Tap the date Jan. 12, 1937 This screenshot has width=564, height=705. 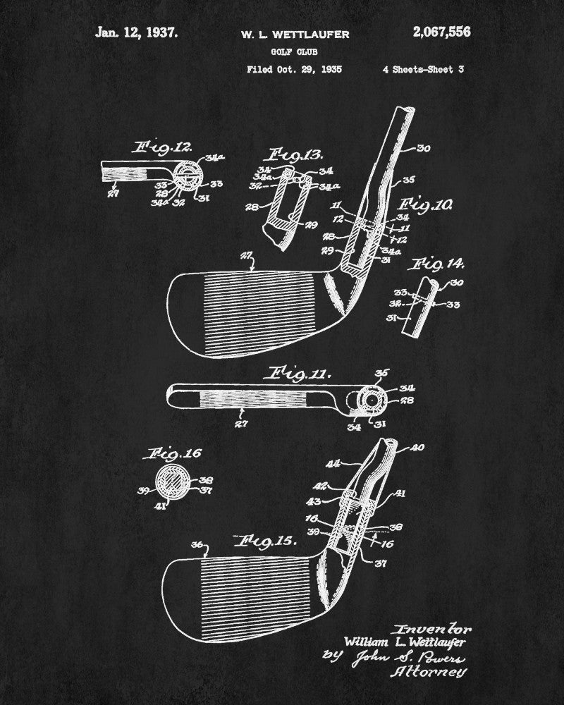pos(137,32)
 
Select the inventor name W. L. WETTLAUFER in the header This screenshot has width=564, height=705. pos(294,34)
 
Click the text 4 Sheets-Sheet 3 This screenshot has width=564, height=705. pos(423,69)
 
